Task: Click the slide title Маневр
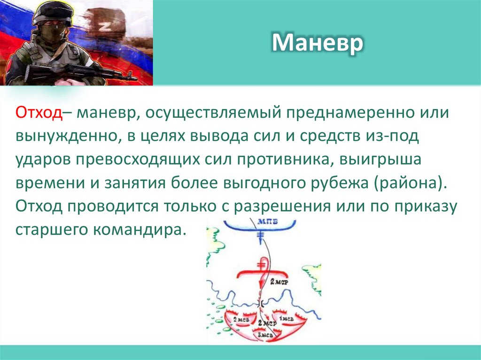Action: (x=318, y=43)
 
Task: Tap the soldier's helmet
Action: (x=52, y=13)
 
